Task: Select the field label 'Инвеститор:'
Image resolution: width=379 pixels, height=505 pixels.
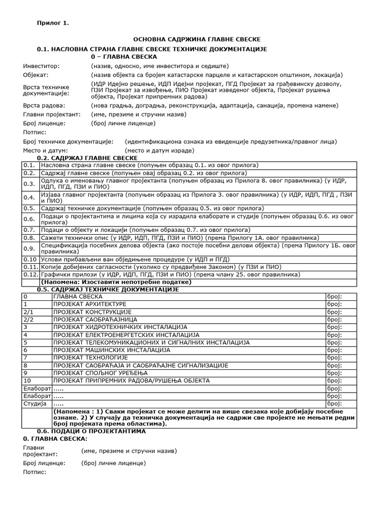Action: tap(41, 66)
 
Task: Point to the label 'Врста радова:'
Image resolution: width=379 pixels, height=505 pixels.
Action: tap(44, 106)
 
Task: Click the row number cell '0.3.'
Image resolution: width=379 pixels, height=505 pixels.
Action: tap(30, 183)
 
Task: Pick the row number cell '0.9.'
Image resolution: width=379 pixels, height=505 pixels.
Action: tap(30, 248)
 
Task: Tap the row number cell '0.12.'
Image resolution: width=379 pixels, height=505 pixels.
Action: tap(31, 274)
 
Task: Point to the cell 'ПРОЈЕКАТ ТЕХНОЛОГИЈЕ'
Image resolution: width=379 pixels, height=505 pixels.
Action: tap(90, 357)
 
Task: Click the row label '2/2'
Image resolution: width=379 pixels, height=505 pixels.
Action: tap(29, 319)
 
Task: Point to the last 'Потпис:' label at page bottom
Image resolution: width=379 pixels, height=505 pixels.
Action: tap(35, 472)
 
